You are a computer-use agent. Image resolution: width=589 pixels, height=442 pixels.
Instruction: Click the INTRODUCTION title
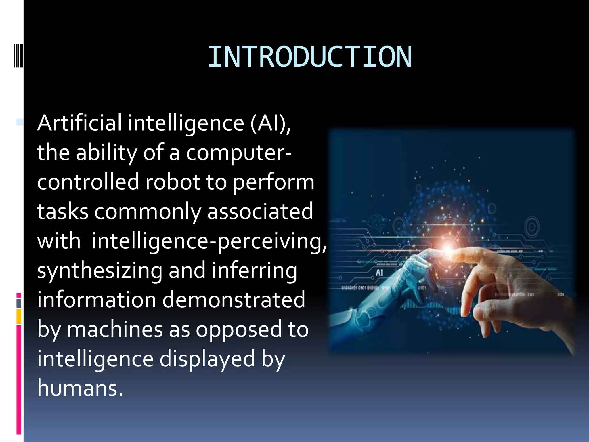310,57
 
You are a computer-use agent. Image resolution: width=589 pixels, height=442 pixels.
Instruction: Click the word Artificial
79,123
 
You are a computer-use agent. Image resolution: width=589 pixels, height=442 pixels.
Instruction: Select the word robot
173,182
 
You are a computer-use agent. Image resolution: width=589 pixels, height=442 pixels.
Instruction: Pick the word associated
260,211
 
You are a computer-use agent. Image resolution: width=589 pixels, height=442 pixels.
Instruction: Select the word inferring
255,271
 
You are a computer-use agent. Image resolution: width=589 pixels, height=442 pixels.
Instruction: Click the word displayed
207,359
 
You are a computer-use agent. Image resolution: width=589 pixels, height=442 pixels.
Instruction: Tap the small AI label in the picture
379,273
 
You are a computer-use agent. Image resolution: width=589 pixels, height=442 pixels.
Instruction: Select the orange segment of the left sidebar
19,317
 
